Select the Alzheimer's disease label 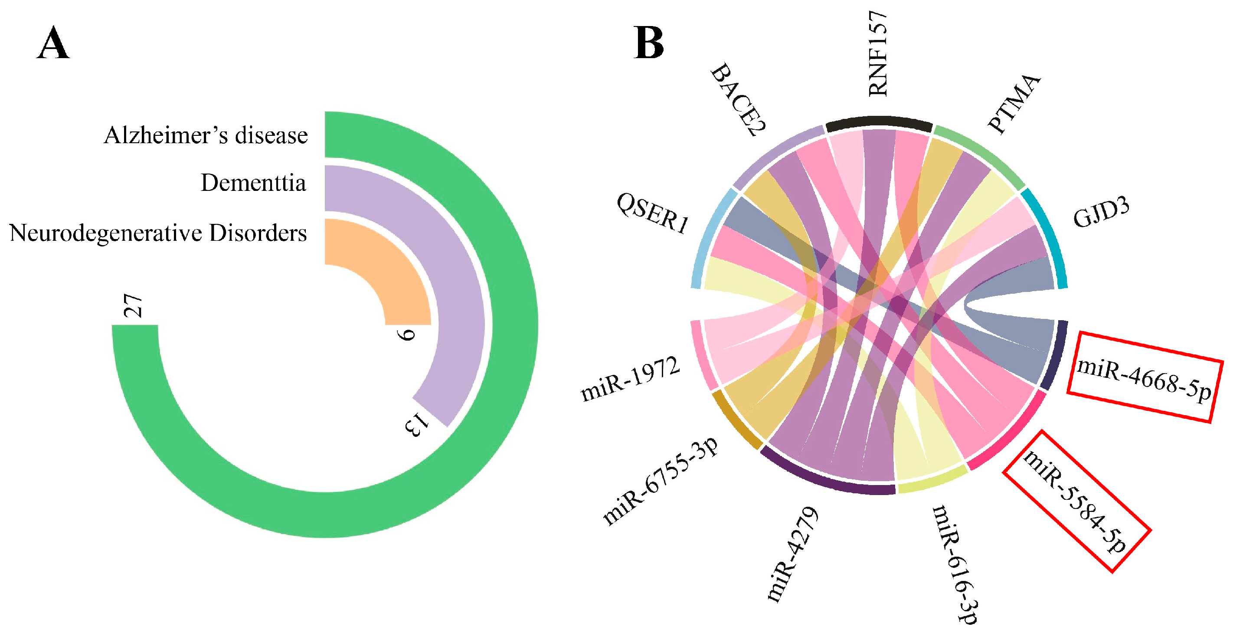point(206,135)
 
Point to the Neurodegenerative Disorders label point(158,233)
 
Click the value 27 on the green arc point(133,305)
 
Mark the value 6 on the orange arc point(407,334)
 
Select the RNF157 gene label point(878,54)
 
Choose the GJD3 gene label point(1101,213)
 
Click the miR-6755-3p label point(661,481)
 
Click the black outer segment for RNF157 point(879,124)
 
